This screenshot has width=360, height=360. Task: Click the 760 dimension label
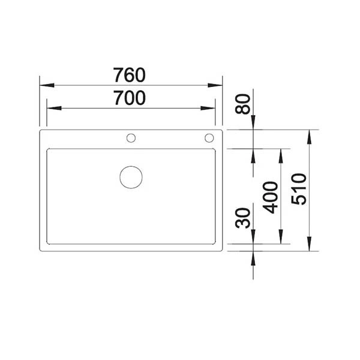tap(129, 75)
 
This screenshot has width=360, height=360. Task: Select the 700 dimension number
tap(130, 98)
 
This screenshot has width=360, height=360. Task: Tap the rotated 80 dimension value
tap(242, 104)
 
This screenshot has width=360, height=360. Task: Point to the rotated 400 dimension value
tap(271, 197)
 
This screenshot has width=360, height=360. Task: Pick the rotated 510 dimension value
tap(299, 189)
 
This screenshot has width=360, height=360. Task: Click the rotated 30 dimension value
tap(242, 218)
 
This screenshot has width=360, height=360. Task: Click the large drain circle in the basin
tap(131, 177)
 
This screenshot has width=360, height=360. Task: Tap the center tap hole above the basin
tap(131, 138)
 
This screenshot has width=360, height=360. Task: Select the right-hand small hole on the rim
tap(209, 138)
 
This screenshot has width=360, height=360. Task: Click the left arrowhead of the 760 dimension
tap(47, 85)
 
